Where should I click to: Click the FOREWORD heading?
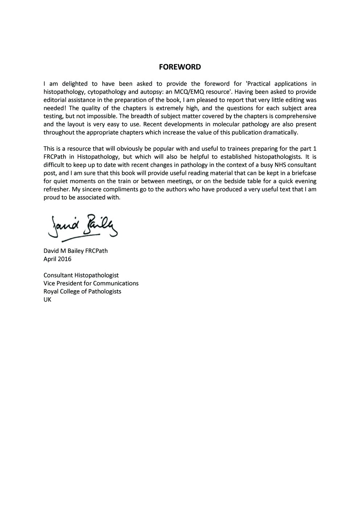180,67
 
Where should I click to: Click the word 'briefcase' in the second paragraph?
303,173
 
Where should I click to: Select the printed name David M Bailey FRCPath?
75,251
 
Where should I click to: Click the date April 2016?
57,259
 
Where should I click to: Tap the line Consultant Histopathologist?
81,275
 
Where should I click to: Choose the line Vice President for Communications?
91,283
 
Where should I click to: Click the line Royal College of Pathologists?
82,292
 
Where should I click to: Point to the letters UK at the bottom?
47,300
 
